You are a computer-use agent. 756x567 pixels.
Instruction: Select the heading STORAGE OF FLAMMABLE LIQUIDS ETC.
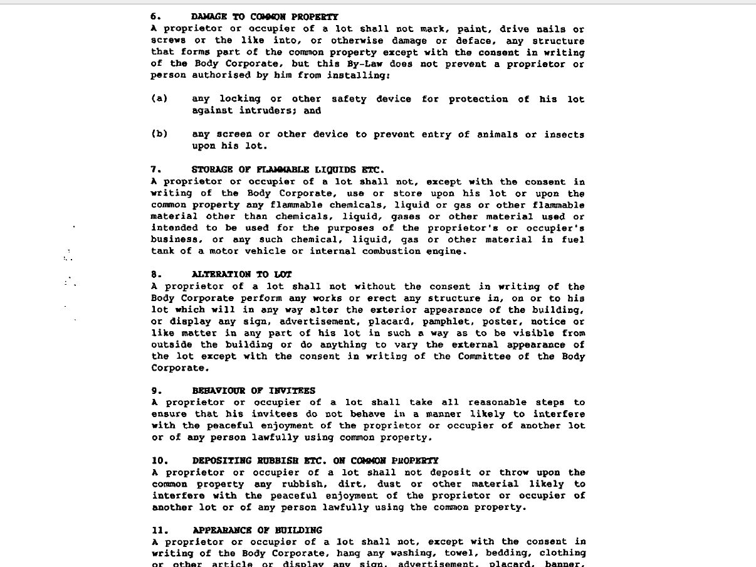pyautogui.click(x=288, y=169)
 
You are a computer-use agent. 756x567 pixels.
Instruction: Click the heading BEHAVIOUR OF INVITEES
pyautogui.click(x=254, y=391)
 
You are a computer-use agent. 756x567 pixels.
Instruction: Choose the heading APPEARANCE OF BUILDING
pyautogui.click(x=257, y=530)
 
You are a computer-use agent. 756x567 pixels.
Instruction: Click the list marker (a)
pyautogui.click(x=159, y=99)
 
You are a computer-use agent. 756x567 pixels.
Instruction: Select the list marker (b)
pyautogui.click(x=159, y=134)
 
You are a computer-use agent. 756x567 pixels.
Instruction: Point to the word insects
pyautogui.click(x=564, y=135)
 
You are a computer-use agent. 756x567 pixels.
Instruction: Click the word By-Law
pyautogui.click(x=364, y=64)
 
